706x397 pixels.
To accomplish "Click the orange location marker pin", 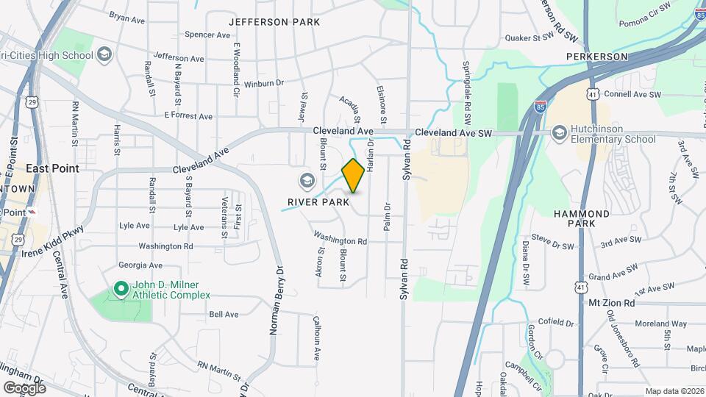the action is coord(353,176).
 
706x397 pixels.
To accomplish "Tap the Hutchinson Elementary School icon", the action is coord(560,132).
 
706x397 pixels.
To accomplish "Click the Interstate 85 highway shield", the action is coord(540,107).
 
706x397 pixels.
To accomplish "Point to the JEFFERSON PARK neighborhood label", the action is coord(274,22).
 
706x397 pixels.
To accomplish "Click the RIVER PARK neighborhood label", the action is coord(318,202).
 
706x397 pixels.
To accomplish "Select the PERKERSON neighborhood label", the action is coord(596,56).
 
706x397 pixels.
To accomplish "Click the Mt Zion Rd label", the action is coord(611,303).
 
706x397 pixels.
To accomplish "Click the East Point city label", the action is coord(52,168).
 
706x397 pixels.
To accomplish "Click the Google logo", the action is coord(24,387).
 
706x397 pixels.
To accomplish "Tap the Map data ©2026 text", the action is coord(674,391).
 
